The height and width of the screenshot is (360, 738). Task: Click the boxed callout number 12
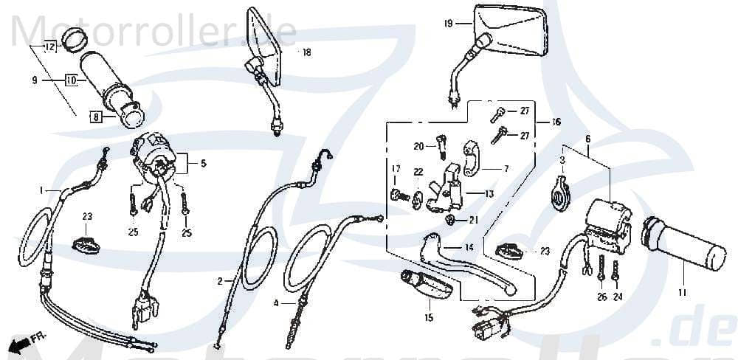point(50,48)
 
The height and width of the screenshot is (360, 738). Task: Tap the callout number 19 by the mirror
point(448,24)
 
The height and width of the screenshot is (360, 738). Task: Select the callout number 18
point(306,52)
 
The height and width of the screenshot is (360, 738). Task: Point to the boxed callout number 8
point(95,116)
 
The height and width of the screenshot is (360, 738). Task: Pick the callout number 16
point(556,122)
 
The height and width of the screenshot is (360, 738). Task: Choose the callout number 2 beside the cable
point(219,281)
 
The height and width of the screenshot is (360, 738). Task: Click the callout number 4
point(275,303)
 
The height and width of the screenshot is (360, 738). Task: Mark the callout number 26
point(601,297)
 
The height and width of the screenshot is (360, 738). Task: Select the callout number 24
point(617,297)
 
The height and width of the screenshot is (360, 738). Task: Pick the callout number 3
point(562,160)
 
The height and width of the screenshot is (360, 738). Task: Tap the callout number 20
point(418,145)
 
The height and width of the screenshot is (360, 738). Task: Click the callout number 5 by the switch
point(203,163)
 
